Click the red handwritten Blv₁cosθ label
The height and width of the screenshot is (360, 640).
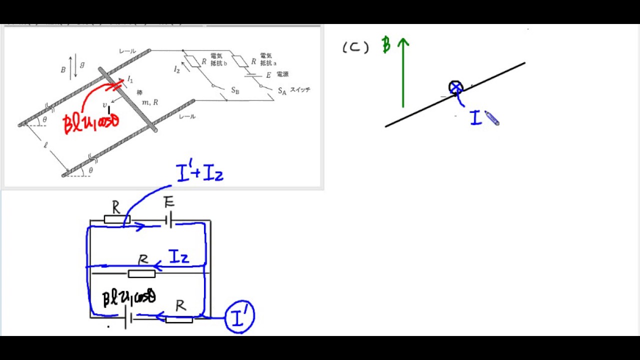point(91,122)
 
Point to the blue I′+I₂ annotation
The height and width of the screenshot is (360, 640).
point(199,173)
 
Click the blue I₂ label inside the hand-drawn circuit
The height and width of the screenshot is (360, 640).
point(179,257)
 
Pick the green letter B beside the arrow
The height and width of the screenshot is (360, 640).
point(386,44)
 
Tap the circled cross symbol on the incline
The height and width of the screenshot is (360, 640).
point(456,88)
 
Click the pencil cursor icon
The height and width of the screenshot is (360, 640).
point(491,119)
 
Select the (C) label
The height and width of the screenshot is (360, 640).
point(355,47)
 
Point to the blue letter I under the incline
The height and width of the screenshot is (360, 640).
point(475,118)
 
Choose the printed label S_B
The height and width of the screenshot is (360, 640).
point(235,90)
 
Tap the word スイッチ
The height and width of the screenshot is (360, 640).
point(300,90)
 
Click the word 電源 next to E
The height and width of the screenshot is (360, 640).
point(282,74)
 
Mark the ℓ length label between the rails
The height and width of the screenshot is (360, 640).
point(45,145)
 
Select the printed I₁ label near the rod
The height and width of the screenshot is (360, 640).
point(130,79)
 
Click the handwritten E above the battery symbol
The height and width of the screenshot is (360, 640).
point(169,202)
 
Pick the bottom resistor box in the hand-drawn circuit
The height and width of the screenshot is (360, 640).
point(179,319)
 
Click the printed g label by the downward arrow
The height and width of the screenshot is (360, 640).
point(82,64)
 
